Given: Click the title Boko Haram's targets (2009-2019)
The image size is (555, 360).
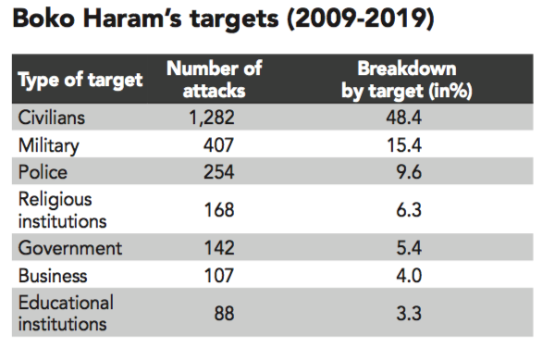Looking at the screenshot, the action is [x=223, y=19].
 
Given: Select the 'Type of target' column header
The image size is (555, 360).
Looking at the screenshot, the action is [x=80, y=80].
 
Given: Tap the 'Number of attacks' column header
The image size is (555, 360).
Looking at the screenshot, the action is [x=215, y=80].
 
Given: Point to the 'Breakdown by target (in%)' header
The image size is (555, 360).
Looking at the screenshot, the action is [x=407, y=80].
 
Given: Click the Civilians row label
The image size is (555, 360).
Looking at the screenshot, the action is [x=52, y=118].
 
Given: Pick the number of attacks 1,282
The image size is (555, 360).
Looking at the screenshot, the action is [x=212, y=118].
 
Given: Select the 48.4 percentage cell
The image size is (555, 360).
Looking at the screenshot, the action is [x=404, y=118].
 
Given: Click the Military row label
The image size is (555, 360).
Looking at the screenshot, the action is [x=49, y=146].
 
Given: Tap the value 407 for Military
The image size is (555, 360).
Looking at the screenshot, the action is [x=218, y=145].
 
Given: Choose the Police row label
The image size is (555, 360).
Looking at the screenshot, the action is [x=43, y=172].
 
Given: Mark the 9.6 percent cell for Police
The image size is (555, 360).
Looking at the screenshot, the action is [x=409, y=172].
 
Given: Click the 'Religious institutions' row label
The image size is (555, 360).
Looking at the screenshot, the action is [x=62, y=210].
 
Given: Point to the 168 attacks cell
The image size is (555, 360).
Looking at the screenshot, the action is [x=219, y=210].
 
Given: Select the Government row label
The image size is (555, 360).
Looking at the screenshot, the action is [x=70, y=248].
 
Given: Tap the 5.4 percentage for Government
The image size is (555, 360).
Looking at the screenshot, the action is [x=409, y=248].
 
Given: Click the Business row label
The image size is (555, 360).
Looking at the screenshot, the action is [x=53, y=276].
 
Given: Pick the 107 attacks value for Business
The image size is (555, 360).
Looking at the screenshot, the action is [x=219, y=276].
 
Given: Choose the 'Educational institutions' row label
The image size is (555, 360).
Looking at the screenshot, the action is [x=66, y=314].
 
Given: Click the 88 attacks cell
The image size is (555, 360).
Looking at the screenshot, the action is [x=224, y=314].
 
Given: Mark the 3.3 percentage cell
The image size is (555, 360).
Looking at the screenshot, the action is [x=409, y=314].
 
